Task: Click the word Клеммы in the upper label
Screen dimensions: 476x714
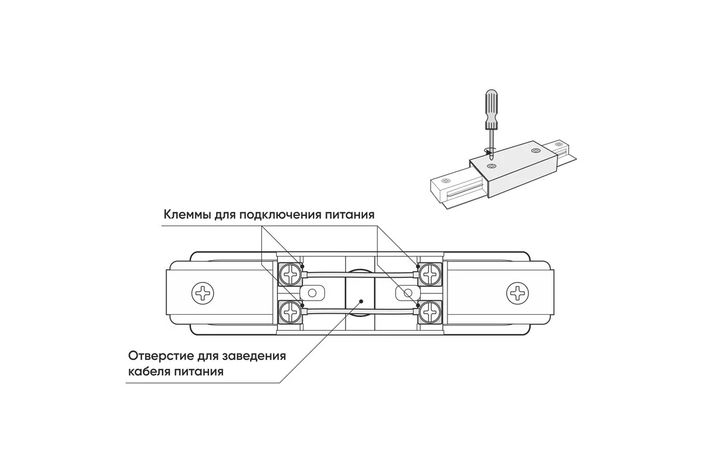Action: click(184, 214)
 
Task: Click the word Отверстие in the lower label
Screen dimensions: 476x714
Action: click(157, 356)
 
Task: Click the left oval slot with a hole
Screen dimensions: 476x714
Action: click(311, 293)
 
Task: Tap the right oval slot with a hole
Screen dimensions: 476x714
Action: click(408, 293)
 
